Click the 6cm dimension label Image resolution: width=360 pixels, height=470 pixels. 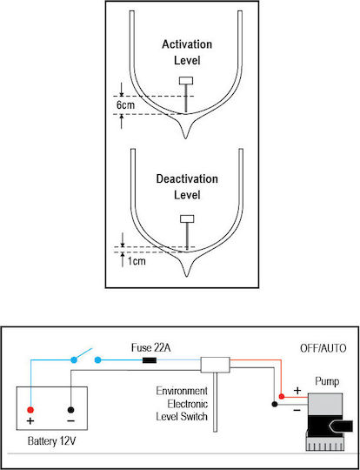click(125, 105)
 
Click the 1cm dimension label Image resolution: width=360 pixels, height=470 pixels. click(137, 261)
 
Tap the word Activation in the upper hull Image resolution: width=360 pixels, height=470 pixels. click(187, 44)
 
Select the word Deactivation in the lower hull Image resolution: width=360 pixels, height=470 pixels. click(187, 179)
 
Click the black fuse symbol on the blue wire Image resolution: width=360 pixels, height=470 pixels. click(150, 359)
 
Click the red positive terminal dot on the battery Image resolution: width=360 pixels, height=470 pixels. click(30, 410)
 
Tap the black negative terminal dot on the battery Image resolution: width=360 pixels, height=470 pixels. click(71, 410)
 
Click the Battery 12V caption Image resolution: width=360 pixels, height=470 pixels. click(51, 441)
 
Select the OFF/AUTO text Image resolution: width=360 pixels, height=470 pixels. click(323, 349)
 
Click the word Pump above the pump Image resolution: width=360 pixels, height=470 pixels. click(327, 382)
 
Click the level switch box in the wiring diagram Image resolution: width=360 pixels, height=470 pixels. click(215, 365)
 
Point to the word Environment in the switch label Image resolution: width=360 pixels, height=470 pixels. click(182, 391)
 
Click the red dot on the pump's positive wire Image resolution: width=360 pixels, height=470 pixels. click(281, 397)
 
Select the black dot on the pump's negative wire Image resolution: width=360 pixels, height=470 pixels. click(274, 404)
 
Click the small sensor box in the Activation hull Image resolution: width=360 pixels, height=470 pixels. click(186, 81)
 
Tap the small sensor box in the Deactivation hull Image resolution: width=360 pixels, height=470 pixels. click(187, 218)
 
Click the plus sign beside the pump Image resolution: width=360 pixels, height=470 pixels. click(297, 391)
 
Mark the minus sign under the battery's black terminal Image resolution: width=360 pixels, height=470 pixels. click(70, 421)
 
